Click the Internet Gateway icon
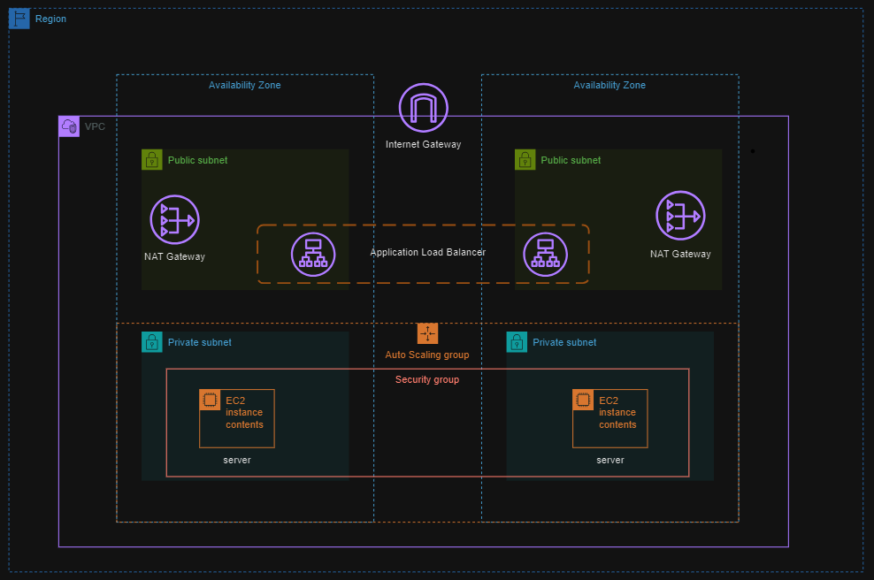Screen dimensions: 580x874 coord(423,108)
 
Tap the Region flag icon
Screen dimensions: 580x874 coord(19,19)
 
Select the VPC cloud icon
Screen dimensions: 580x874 coord(69,126)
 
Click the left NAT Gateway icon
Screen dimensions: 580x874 coord(174,219)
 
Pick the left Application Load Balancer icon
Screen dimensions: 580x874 coord(313,254)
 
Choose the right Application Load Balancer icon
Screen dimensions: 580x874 coord(545,254)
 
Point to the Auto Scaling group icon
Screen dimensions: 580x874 coord(427,333)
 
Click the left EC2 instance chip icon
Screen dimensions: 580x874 coord(210,400)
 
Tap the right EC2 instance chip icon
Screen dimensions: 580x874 coord(583,400)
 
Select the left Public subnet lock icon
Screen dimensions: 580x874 coord(152,160)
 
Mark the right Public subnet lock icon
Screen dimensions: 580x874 coord(525,160)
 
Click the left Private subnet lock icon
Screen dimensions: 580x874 coord(152,342)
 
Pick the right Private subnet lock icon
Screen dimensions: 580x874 coord(517,342)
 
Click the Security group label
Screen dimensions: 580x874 coord(427,379)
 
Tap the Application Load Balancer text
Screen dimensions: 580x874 coord(427,252)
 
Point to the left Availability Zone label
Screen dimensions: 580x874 coord(244,85)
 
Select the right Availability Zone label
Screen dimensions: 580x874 coord(609,85)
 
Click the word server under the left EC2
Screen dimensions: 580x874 coord(237,460)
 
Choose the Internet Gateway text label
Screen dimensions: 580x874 coord(423,144)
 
